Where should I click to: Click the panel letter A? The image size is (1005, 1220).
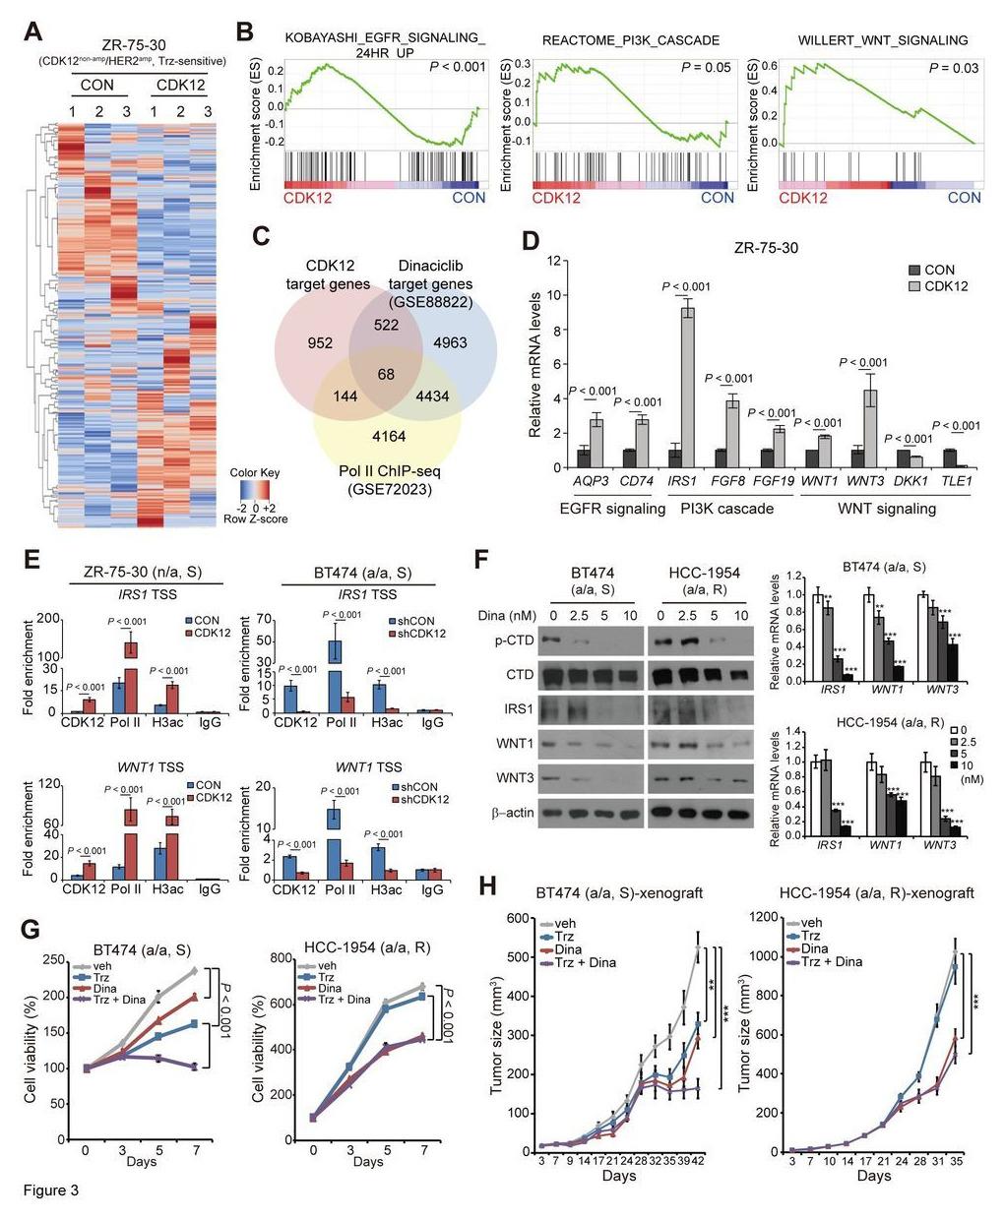[32, 31]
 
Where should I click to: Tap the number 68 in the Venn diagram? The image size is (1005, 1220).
[385, 376]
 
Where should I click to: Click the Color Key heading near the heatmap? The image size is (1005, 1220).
[255, 473]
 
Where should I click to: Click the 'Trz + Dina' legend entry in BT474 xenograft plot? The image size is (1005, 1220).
[582, 961]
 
